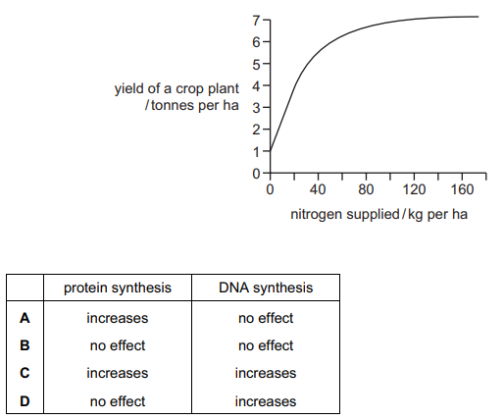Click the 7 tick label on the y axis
(256, 21)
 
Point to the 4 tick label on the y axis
(256, 86)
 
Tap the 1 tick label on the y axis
(256, 152)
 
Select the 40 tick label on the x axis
(318, 189)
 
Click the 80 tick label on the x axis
(366, 189)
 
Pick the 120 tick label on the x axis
(414, 189)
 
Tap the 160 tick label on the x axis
(462, 189)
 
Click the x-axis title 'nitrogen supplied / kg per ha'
(378, 215)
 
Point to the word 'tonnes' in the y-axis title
(174, 105)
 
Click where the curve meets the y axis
(271, 151)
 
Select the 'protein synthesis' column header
(118, 288)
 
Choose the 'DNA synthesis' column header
(266, 288)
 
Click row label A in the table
(25, 318)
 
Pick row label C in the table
(25, 373)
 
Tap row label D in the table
(25, 401)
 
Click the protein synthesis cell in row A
(118, 318)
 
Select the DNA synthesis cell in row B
(266, 345)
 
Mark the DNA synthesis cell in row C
(266, 373)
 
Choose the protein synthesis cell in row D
(118, 401)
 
